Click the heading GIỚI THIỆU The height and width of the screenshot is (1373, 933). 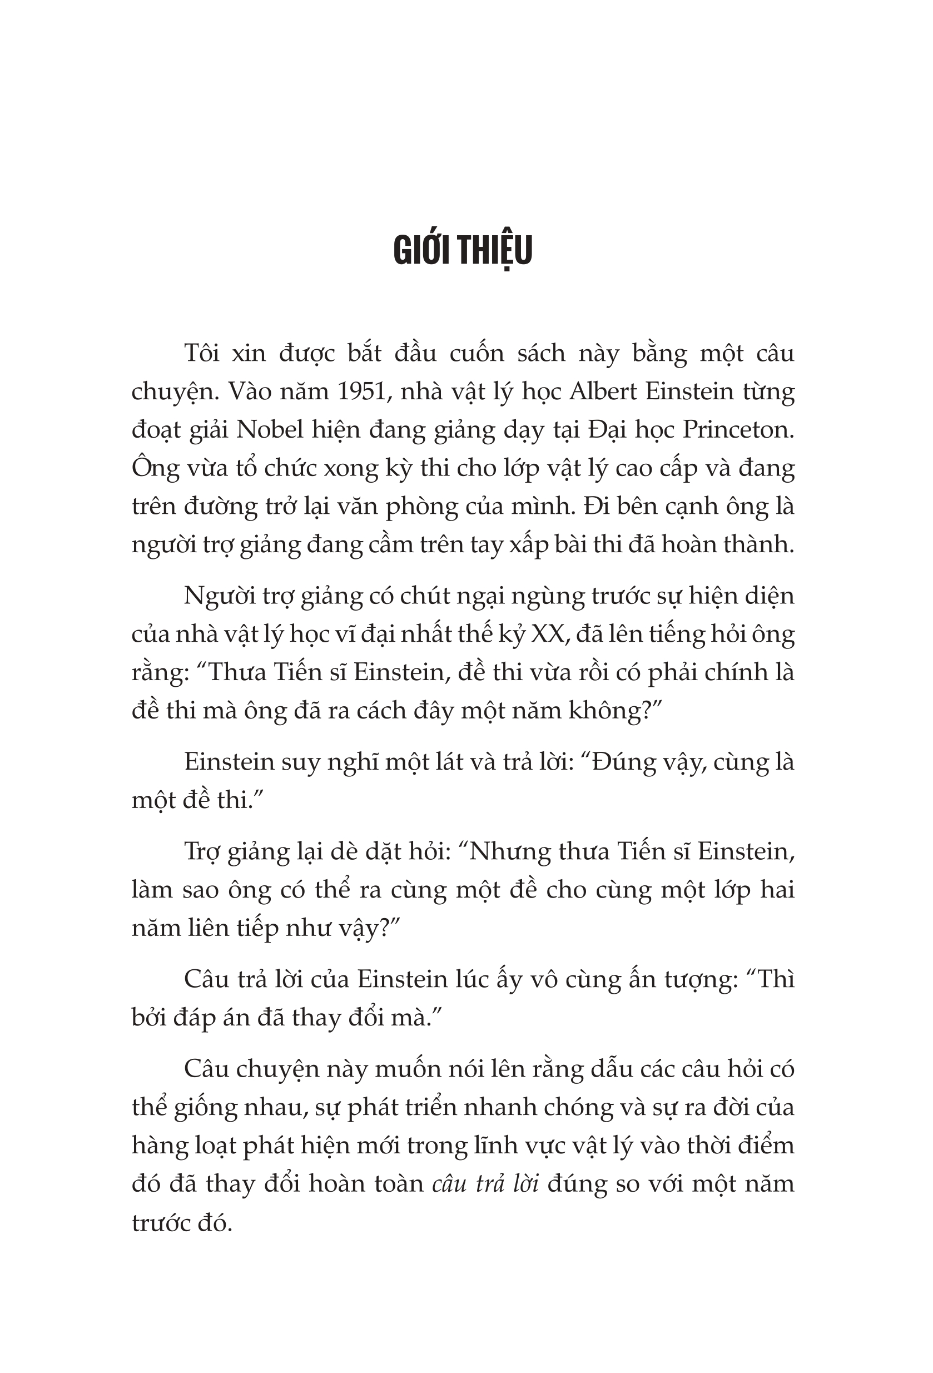(x=463, y=250)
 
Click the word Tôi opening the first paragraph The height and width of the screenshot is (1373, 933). (x=203, y=353)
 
